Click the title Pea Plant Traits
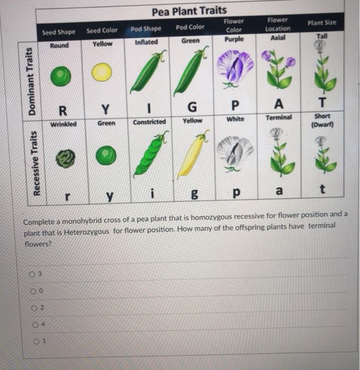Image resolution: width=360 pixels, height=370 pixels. click(189, 11)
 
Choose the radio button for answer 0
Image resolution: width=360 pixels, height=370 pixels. click(32, 290)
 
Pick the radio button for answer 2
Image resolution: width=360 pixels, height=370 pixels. click(33, 308)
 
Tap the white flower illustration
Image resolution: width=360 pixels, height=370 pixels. click(233, 151)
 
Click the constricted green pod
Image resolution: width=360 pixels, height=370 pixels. click(149, 155)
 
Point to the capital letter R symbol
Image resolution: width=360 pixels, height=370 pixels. click(62, 110)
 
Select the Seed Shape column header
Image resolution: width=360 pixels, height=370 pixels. click(58, 32)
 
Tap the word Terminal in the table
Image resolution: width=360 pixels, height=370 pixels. click(279, 117)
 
